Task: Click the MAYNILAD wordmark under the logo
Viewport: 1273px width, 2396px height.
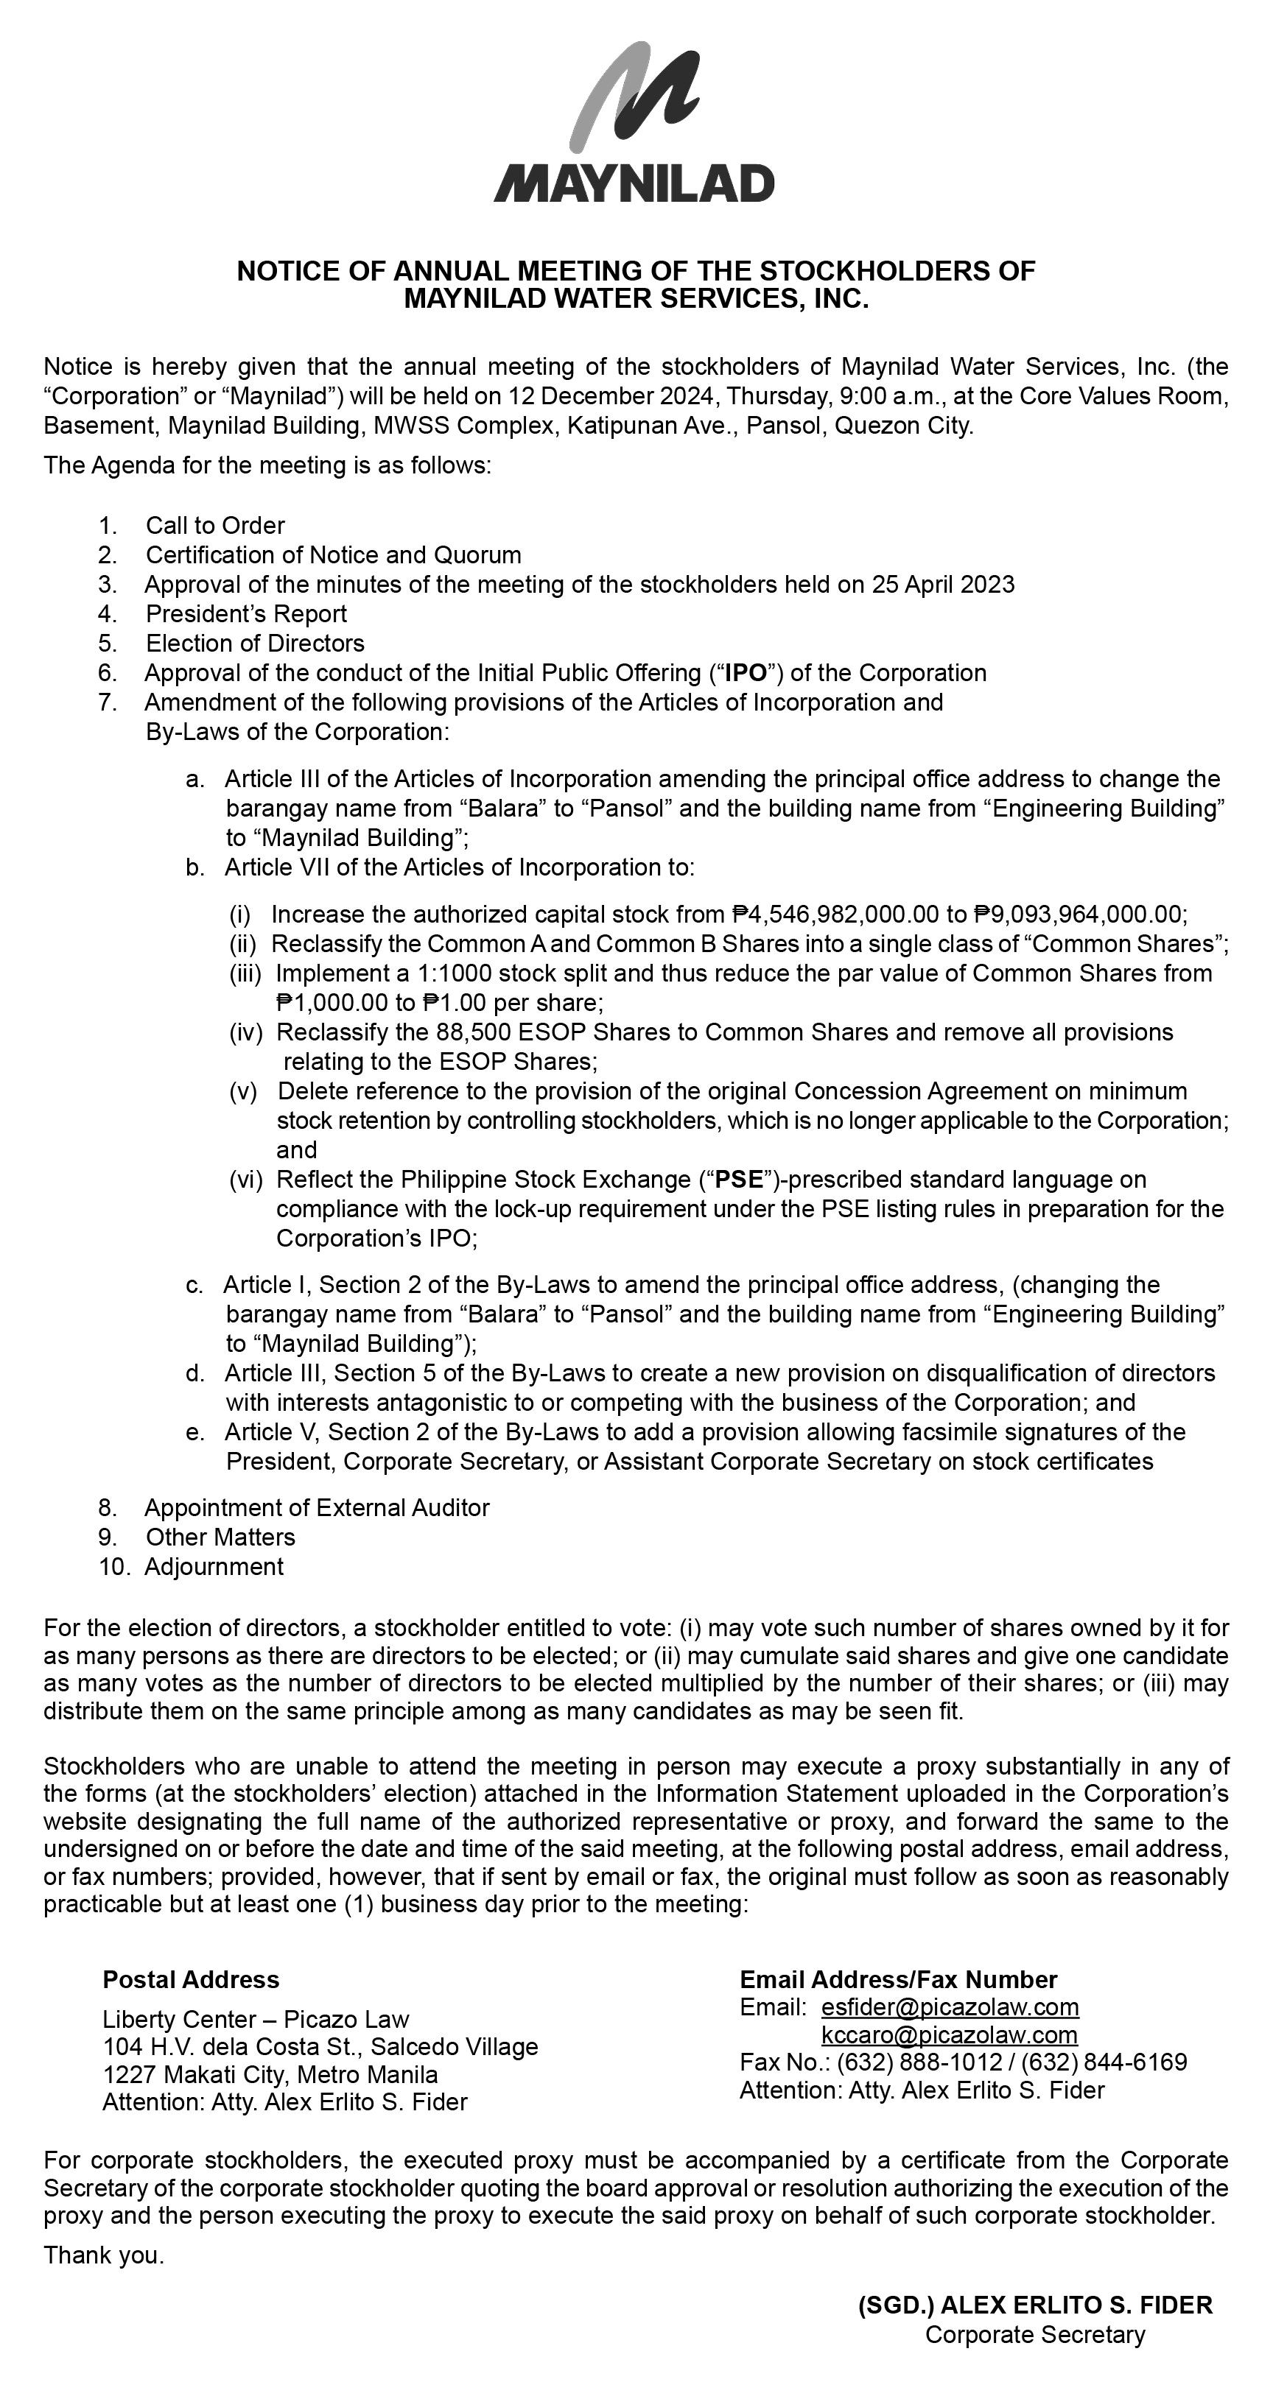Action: click(634, 183)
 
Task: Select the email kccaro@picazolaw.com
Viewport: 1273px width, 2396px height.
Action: click(949, 2035)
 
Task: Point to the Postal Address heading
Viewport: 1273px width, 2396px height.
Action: click(191, 1979)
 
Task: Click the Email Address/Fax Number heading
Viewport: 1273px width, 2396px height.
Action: click(898, 1979)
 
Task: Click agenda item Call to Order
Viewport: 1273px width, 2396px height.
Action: click(215, 526)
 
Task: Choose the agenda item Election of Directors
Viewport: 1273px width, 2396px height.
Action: click(255, 644)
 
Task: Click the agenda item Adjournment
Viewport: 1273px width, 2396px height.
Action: click(214, 1566)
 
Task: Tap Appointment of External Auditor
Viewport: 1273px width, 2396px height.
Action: click(316, 1508)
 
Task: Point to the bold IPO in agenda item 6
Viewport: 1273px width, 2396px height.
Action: click(746, 674)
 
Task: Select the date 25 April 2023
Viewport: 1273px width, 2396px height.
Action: click(943, 585)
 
